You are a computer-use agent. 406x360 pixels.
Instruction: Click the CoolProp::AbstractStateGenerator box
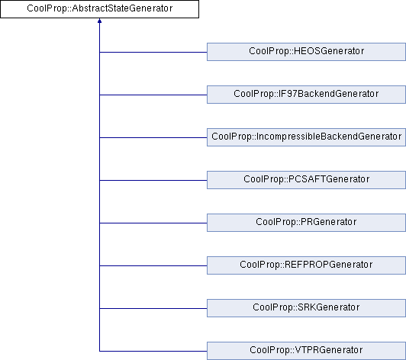click(x=99, y=9)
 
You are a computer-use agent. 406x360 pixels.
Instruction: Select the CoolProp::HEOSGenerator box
click(x=306, y=52)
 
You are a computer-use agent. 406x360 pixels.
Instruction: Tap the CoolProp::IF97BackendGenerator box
click(x=306, y=95)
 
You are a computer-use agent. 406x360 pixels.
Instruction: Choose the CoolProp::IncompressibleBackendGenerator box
click(x=306, y=137)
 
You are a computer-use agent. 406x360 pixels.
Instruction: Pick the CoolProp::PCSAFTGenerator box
click(x=306, y=180)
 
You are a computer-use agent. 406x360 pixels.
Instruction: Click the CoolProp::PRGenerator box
click(x=306, y=223)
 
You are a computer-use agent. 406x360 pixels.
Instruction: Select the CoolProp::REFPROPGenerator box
click(x=306, y=265)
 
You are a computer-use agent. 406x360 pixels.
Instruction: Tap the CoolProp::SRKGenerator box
click(x=306, y=308)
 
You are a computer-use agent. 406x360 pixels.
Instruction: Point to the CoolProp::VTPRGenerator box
click(x=306, y=351)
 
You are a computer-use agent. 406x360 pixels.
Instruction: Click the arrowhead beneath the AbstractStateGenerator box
click(x=99, y=21)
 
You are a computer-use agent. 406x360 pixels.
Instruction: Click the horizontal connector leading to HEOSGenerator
click(x=153, y=53)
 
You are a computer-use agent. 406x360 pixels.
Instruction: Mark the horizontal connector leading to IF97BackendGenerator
click(x=153, y=95)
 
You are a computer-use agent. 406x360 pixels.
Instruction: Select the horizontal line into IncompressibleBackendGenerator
click(x=153, y=138)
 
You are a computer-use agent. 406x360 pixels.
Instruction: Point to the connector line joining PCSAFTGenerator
click(x=153, y=181)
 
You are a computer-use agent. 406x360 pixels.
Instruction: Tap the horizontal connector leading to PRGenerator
click(x=153, y=223)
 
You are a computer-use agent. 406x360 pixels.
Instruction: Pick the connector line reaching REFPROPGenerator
click(x=153, y=265)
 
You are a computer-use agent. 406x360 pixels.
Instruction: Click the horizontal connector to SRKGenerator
click(x=153, y=308)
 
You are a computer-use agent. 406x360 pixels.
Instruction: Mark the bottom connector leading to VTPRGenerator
click(x=153, y=351)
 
